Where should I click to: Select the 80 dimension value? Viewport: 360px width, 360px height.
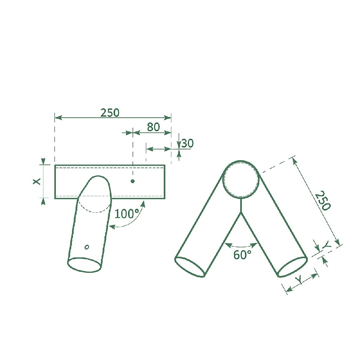(153, 127)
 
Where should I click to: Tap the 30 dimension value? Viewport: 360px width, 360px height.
(188, 144)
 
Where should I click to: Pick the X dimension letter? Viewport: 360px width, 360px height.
(36, 181)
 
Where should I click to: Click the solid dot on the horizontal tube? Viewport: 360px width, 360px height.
(132, 181)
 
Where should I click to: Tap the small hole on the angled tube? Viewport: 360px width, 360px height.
(87, 247)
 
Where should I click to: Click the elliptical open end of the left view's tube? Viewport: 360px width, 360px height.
(84, 265)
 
